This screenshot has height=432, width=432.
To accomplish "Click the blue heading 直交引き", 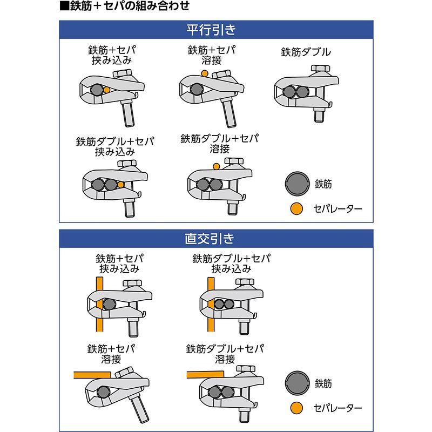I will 215,238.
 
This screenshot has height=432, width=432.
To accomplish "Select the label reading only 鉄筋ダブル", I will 306,52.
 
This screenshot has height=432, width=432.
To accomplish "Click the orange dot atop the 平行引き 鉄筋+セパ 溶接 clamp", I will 204,73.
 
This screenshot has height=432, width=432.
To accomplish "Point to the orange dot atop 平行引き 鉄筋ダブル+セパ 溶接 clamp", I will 216,166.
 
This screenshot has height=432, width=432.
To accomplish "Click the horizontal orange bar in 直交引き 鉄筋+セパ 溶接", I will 92,374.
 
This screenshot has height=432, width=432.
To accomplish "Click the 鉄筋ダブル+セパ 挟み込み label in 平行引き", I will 114,146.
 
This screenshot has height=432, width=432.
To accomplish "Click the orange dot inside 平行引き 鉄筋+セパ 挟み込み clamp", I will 107,90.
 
